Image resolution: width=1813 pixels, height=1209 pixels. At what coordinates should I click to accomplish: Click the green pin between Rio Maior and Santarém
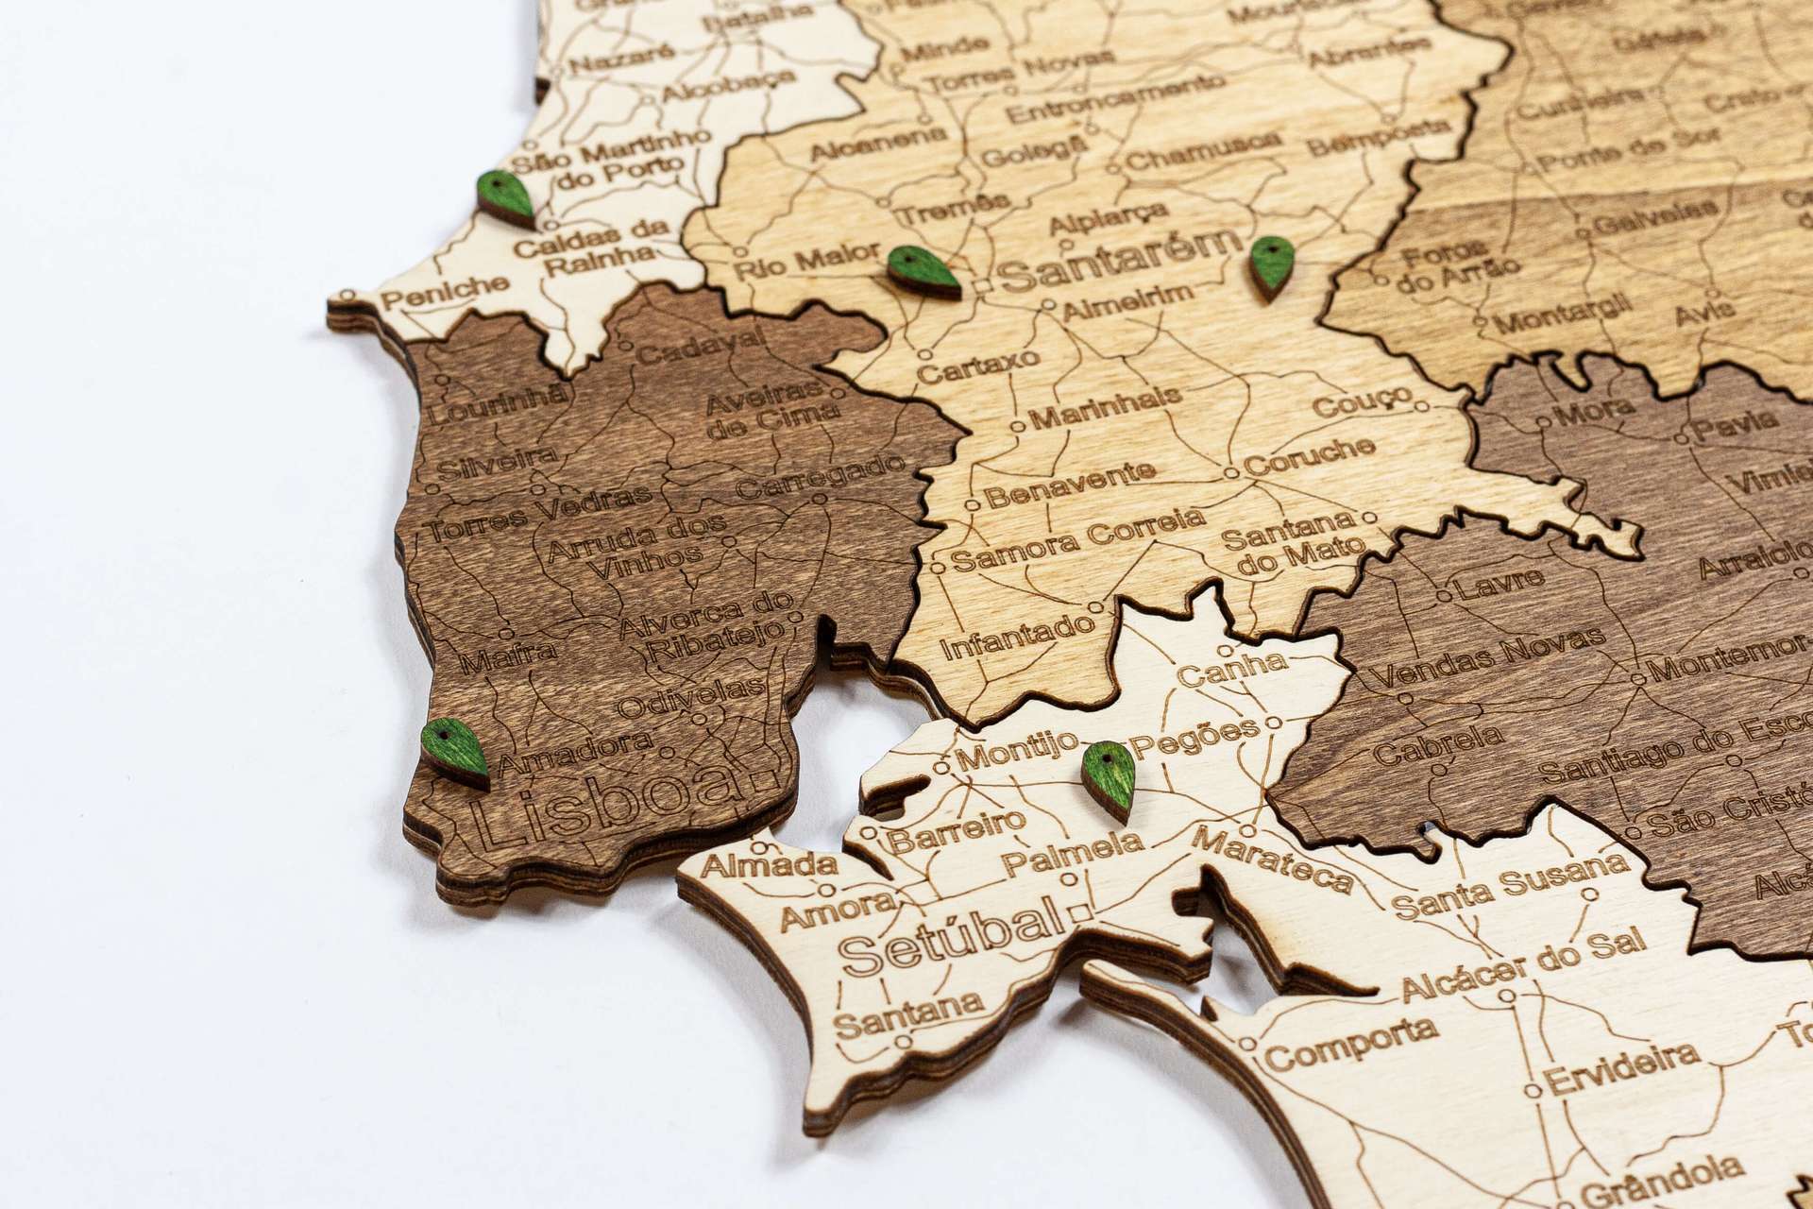[x=923, y=271]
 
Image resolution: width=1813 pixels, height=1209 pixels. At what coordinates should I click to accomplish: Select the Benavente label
[x=1070, y=483]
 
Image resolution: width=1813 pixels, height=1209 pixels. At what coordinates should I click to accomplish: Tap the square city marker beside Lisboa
[x=765, y=781]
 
